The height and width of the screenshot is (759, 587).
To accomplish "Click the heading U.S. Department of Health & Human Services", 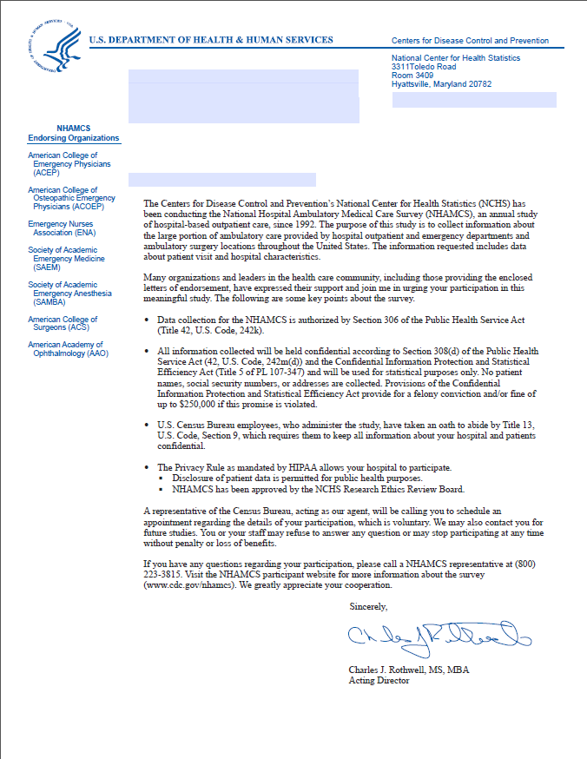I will [211, 40].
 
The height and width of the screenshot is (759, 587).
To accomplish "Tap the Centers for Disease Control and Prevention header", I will [470, 41].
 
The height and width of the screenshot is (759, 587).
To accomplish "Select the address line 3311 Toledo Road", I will [424, 67].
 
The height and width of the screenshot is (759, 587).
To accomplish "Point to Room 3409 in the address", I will [412, 76].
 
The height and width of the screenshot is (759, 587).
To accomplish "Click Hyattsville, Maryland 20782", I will [441, 84].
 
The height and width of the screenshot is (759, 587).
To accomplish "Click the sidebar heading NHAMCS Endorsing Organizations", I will [74, 133].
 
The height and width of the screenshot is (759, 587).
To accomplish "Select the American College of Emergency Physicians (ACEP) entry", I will [69, 164].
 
